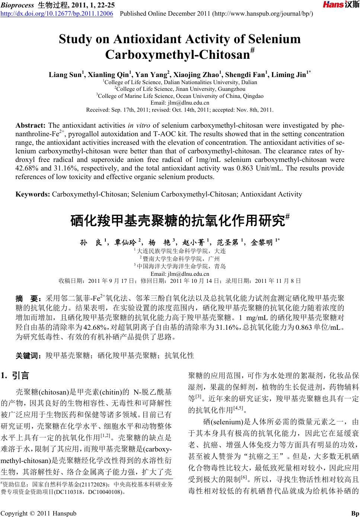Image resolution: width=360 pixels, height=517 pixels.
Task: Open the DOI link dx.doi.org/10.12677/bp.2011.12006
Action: point(57,14)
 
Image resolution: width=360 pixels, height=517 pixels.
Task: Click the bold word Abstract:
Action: point(31,125)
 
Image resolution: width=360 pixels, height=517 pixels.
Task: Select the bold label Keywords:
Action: point(33,194)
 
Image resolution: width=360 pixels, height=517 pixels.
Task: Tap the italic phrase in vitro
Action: point(138,125)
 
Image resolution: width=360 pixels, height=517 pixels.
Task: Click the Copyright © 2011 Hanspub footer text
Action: point(38,513)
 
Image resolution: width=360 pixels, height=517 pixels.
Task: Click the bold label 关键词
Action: point(28,356)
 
